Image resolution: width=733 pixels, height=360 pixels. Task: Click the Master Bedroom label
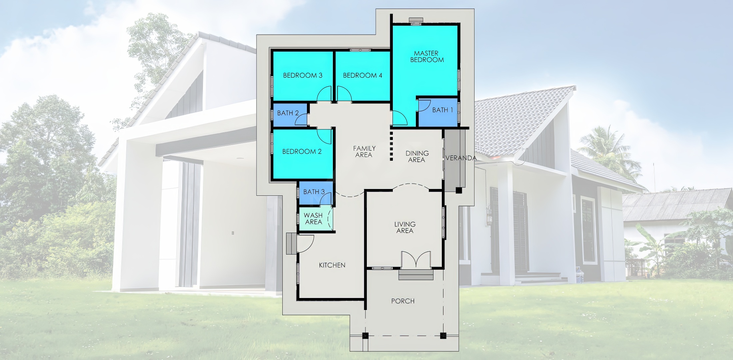click(427, 57)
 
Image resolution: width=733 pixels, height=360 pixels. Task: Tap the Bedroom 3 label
click(303, 75)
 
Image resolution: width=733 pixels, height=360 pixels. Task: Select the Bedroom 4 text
click(363, 75)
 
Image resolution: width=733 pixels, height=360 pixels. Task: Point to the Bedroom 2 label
click(302, 152)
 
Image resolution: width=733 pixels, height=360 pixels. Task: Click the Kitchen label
click(332, 265)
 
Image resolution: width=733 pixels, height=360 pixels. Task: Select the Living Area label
click(405, 227)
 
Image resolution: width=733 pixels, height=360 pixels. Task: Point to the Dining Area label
click(417, 157)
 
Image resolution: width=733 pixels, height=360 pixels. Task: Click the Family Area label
click(364, 152)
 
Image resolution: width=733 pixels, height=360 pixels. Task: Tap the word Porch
click(403, 301)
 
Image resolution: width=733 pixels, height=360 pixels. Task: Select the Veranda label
click(461, 158)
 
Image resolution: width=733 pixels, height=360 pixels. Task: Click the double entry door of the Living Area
click(416, 260)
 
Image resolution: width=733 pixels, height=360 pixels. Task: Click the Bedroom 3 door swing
click(324, 93)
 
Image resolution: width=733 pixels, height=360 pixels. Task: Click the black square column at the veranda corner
click(459, 191)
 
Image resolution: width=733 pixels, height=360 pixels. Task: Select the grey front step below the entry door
click(416, 275)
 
